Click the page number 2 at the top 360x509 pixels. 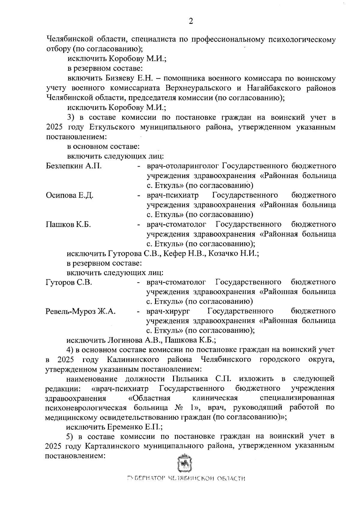[x=190, y=21]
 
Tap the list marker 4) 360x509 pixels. [x=70, y=350]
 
